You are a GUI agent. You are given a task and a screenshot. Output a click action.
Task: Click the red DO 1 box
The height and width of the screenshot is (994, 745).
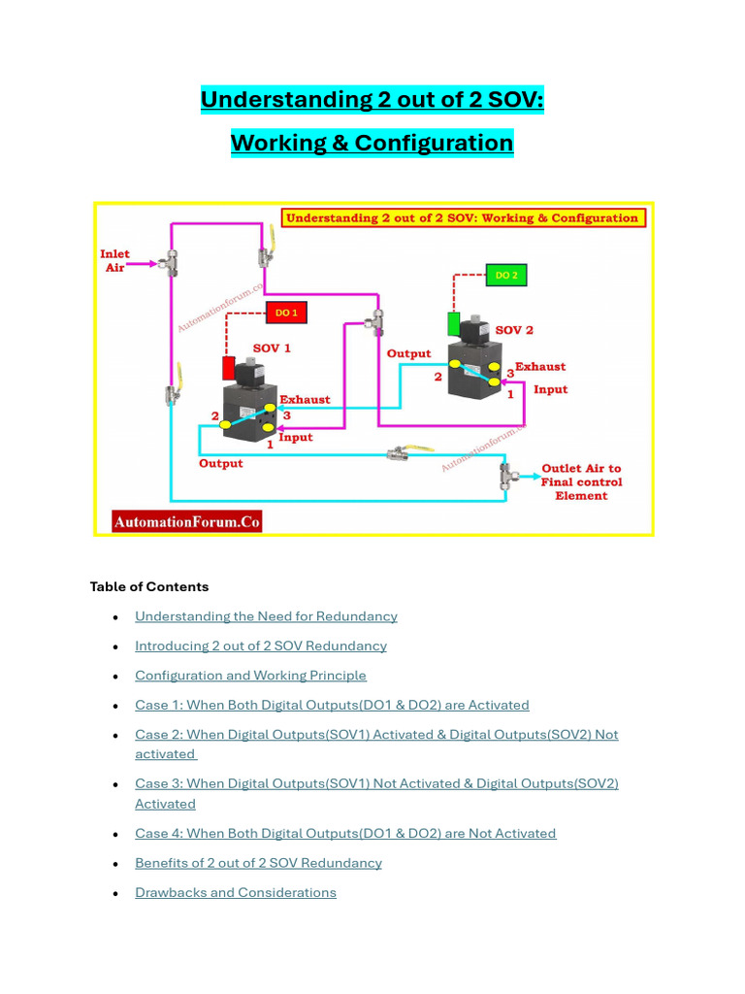[286, 313]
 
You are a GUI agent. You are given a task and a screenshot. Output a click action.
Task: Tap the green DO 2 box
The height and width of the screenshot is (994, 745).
[506, 276]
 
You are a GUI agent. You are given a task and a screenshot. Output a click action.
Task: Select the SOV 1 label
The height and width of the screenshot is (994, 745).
[272, 348]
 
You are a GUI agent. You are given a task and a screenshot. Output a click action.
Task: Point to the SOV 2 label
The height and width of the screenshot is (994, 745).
[514, 330]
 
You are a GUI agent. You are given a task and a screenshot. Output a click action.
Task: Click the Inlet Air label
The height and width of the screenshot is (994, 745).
[114, 260]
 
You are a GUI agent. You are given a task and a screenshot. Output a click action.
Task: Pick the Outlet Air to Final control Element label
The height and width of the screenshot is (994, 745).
[581, 481]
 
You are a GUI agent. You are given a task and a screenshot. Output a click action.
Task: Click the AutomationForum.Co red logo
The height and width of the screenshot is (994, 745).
[187, 522]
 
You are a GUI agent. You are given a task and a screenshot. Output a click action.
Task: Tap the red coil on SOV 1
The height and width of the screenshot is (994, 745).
[229, 369]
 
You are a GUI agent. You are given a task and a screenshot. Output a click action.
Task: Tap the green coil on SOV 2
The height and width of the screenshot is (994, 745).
[453, 323]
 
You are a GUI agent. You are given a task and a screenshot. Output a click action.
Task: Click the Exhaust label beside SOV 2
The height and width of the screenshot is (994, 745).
[540, 367]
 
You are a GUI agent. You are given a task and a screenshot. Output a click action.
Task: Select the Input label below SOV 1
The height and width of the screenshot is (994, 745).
[296, 438]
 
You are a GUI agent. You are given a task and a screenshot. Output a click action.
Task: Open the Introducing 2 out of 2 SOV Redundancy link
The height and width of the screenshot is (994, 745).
[260, 646]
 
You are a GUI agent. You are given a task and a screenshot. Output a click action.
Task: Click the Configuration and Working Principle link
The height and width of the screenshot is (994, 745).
[250, 676]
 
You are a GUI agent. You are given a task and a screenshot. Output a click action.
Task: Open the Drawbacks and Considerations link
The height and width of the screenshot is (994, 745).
[236, 892]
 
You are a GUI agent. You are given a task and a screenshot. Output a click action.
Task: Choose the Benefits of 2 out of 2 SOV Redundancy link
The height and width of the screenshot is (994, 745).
[258, 863]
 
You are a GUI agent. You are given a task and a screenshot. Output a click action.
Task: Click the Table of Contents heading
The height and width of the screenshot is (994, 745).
[148, 586]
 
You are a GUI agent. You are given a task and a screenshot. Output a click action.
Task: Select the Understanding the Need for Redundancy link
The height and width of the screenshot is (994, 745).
[266, 616]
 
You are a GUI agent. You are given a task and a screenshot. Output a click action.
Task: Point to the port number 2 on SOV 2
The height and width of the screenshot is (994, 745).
[437, 376]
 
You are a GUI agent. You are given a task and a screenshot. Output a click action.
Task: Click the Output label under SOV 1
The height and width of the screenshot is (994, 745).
[221, 464]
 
